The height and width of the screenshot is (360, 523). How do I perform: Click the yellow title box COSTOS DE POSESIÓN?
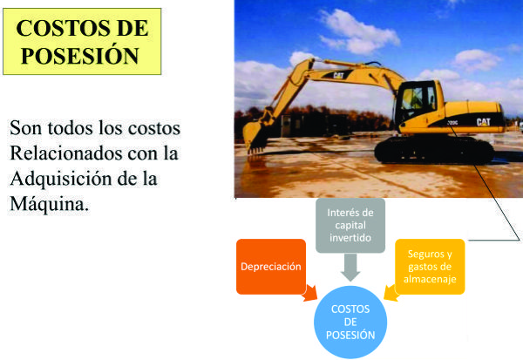coord(82,41)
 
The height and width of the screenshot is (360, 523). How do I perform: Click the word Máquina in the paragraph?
coord(50,204)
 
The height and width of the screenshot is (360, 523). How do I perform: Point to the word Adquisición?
coord(61,179)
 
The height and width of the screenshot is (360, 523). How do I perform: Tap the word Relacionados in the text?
coord(66,153)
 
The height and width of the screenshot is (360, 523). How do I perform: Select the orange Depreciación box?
coord(271,267)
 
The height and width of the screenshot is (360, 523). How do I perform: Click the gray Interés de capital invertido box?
coord(350,225)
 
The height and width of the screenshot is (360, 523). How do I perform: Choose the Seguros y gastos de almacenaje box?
coord(430,267)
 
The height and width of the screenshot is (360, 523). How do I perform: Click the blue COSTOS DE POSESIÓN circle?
coord(350,322)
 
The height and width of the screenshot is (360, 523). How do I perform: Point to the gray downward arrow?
coord(350,267)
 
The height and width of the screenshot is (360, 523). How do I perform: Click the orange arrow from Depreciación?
coord(309,294)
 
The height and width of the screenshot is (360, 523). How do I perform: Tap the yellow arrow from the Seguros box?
coord(391,293)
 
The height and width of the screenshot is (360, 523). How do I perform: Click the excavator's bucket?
coord(255,138)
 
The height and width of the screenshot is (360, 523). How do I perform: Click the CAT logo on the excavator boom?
coord(338,76)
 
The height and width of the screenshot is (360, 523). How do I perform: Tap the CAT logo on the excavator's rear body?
coord(483,122)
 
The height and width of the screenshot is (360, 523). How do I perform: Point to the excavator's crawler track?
coord(434,150)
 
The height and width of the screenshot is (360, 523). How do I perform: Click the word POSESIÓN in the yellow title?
coord(80,56)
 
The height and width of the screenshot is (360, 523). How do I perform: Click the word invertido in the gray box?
coord(350,238)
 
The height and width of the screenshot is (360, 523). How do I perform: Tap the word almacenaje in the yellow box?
coord(430,279)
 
